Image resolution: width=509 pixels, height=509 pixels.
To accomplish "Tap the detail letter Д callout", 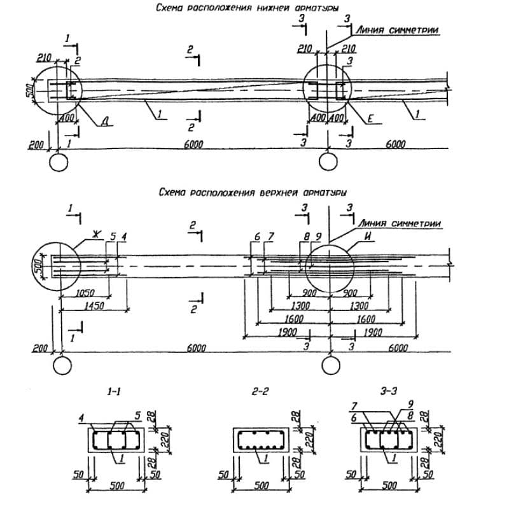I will tap(102, 123).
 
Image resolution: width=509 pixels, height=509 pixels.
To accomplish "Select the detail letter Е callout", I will tap(370, 118).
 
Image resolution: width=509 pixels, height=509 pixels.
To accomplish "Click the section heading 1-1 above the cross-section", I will tap(113, 394).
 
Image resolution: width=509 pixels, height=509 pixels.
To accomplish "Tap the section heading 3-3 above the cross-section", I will tap(386, 394).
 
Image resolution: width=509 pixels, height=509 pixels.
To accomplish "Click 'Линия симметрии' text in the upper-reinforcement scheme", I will tap(400, 223).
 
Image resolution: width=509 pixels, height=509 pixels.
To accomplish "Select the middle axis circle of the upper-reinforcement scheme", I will tap(330, 366).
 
